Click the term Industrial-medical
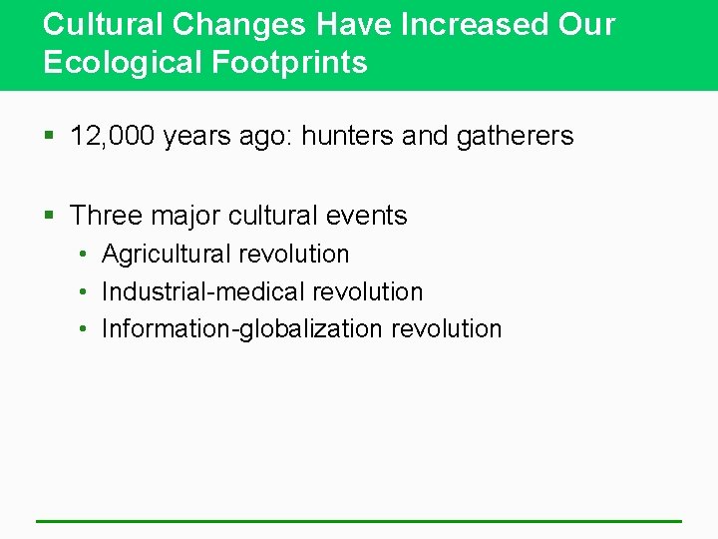(x=203, y=291)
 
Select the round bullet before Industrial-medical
(x=86, y=292)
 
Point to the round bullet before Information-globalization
(x=86, y=329)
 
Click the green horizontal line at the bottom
(x=359, y=520)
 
